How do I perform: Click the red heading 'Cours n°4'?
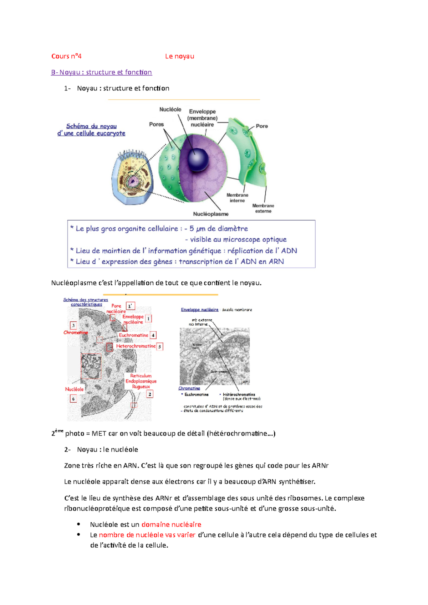(66, 56)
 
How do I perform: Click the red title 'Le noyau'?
(179, 56)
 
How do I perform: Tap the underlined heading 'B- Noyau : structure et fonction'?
(101, 72)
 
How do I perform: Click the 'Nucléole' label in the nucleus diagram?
(170, 109)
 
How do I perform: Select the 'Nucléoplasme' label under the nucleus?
(211, 214)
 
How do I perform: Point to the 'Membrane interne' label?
(237, 198)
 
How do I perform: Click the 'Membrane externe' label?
(263, 208)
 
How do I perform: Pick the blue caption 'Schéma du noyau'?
(91, 126)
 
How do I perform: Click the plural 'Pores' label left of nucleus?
(156, 124)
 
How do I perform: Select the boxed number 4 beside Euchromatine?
(153, 335)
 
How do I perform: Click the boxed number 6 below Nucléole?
(73, 399)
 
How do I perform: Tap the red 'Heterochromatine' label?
(136, 346)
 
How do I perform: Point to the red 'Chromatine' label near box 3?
(76, 332)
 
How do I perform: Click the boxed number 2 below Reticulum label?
(150, 394)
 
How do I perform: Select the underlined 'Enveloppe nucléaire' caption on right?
(199, 310)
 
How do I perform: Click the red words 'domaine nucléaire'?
(171, 524)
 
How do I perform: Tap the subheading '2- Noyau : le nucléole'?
(101, 450)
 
